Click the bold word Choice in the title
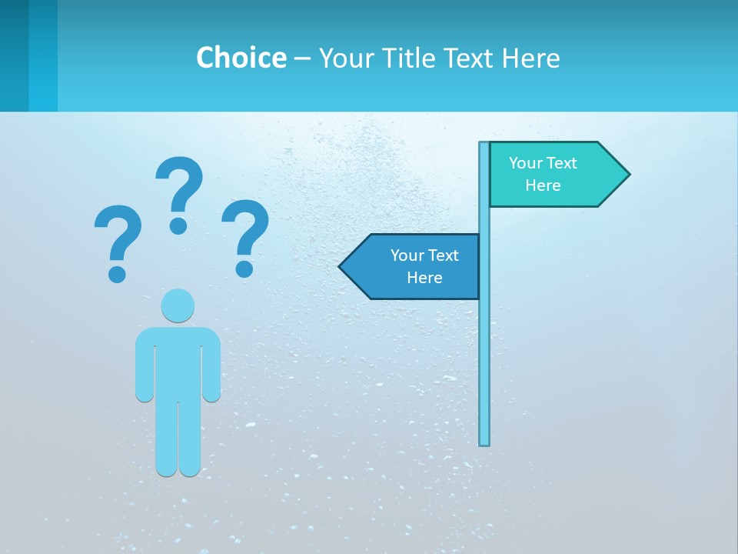[241, 58]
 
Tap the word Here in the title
[530, 58]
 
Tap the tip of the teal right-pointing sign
[628, 174]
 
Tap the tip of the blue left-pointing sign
[341, 266]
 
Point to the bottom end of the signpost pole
[484, 443]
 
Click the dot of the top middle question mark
[178, 225]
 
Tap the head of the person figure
[178, 305]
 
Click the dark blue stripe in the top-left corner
[14, 55]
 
